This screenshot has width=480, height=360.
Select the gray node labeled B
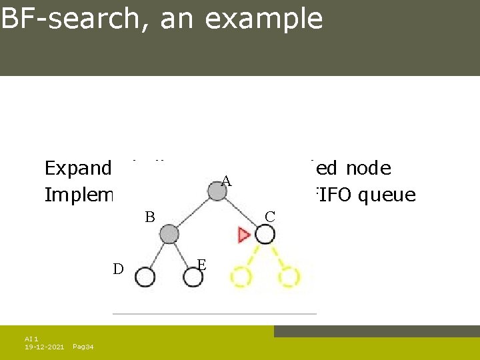169,234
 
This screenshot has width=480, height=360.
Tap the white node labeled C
265,234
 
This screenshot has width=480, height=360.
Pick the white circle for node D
145,277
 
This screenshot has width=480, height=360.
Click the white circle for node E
193,277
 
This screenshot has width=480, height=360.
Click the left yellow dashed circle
241,277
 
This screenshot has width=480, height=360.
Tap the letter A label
226,181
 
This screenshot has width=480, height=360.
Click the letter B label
150,217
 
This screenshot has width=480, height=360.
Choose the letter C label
270,217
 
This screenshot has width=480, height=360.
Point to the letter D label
118,269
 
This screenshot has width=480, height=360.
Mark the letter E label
202,265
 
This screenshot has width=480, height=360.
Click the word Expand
77,169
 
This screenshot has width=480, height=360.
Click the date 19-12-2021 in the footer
45,347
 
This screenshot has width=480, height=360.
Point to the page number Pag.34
83,347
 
